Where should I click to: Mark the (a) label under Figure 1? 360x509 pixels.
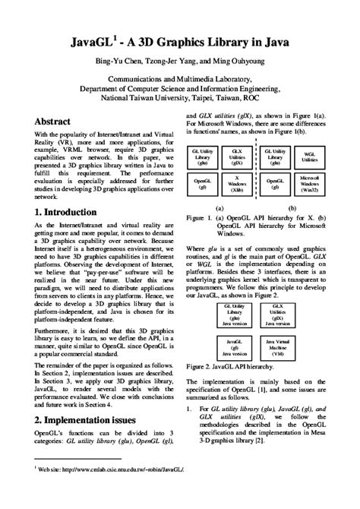(219, 207)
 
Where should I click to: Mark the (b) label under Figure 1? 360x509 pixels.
(293, 207)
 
